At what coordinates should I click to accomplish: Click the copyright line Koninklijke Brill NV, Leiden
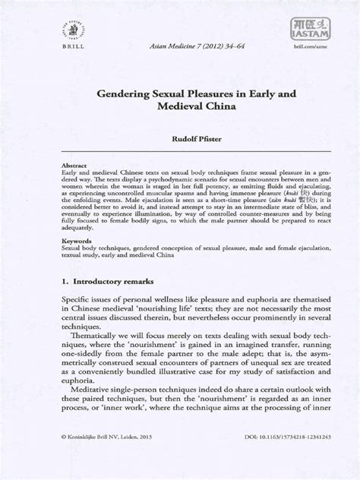tap(105, 459)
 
